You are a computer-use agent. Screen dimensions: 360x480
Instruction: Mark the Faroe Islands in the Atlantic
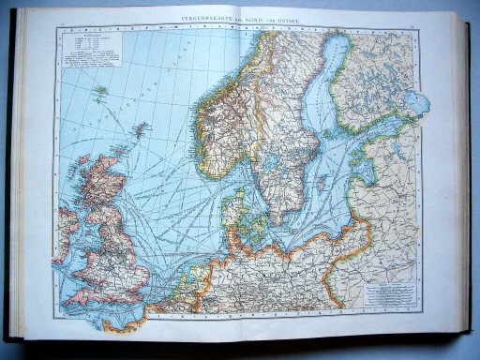click(x=98, y=92)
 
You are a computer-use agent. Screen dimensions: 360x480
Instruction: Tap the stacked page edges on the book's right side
click(x=465, y=187)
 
